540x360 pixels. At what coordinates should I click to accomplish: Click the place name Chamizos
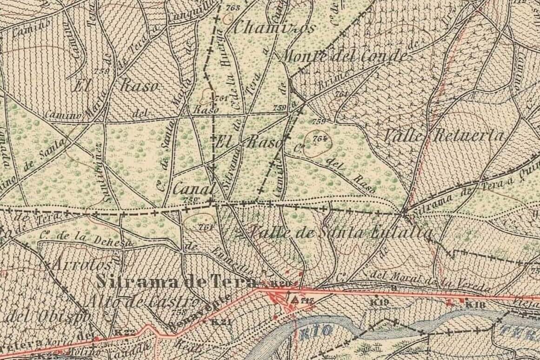click(x=273, y=28)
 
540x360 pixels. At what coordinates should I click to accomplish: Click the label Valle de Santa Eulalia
click(x=342, y=233)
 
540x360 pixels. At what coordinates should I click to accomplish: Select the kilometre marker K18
click(x=475, y=305)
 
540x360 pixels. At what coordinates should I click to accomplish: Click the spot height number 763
click(x=232, y=8)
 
